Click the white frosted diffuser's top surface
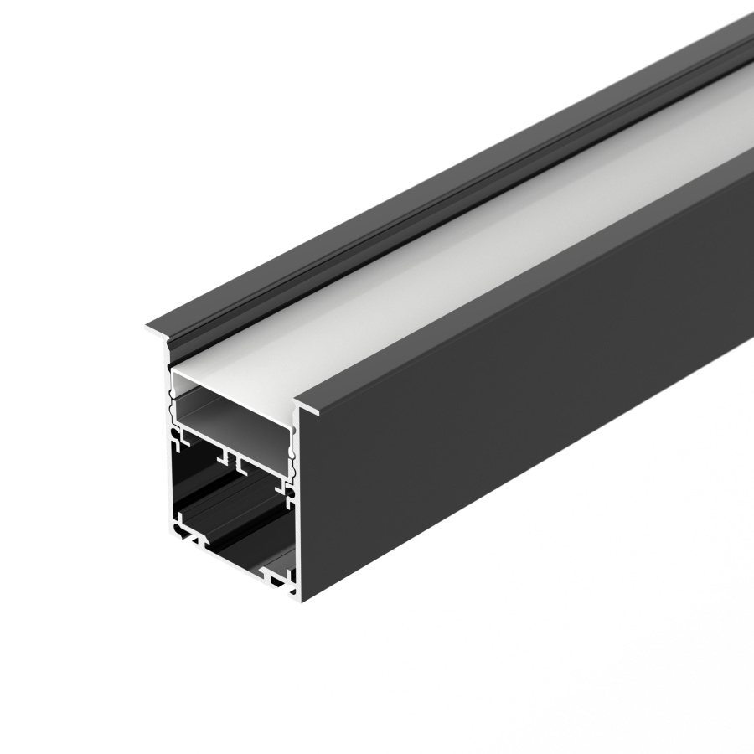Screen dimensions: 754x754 click(x=469, y=251)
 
